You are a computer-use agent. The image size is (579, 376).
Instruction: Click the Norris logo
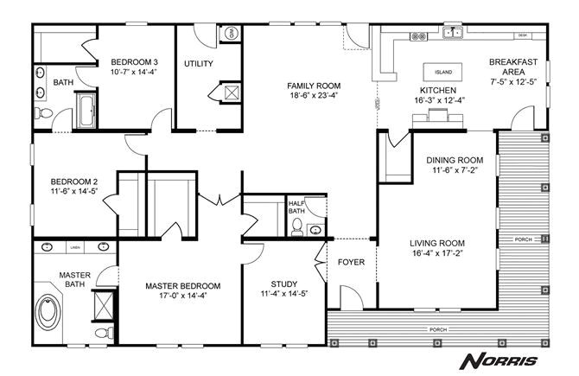coord(500,360)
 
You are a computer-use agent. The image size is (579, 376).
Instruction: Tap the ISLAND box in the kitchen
coord(442,72)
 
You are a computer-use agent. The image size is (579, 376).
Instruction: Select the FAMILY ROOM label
coord(314,86)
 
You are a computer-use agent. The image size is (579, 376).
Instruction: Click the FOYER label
coord(351,262)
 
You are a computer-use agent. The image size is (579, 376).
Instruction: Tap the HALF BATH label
coord(296,207)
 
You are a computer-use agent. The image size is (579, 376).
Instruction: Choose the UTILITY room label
coord(199,63)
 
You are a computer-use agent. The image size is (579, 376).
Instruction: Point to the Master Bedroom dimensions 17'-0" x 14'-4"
coord(182,296)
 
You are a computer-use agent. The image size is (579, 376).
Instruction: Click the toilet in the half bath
coord(297,226)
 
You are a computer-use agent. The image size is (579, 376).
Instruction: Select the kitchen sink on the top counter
coord(452,34)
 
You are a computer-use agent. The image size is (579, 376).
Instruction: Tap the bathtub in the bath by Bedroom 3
coord(87,111)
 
